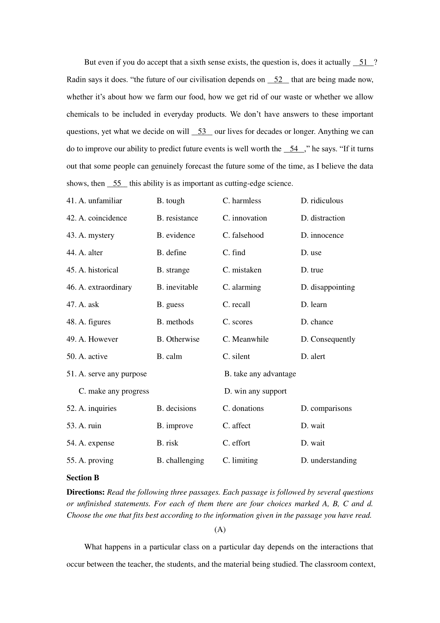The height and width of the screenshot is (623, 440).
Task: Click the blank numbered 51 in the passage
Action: click(x=363, y=62)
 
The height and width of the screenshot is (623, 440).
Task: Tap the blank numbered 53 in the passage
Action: click(x=202, y=132)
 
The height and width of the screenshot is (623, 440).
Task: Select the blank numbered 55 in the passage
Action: click(x=117, y=183)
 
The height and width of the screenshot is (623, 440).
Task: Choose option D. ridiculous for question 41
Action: click(x=322, y=201)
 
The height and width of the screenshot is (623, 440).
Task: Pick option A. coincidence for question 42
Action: click(x=97, y=218)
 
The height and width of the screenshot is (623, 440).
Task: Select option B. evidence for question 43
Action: click(x=176, y=235)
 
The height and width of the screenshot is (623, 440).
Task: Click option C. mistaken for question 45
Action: click(x=242, y=270)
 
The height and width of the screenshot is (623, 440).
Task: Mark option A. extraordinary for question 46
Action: click(x=99, y=287)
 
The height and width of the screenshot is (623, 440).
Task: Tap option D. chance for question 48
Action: click(x=317, y=322)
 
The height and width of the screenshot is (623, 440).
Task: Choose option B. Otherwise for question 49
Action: click(x=178, y=339)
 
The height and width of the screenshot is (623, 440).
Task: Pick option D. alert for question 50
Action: click(x=313, y=357)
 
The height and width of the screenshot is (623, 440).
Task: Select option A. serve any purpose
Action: click(x=107, y=374)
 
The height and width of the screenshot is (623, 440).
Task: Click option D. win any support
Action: click(x=256, y=391)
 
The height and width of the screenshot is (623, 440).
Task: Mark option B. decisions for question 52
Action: click(x=176, y=408)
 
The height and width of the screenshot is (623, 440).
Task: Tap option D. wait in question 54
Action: click(x=313, y=443)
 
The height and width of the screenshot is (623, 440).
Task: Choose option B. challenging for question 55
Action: click(x=180, y=460)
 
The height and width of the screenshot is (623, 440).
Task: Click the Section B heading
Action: click(x=83, y=478)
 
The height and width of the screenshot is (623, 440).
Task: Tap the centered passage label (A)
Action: click(x=220, y=529)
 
